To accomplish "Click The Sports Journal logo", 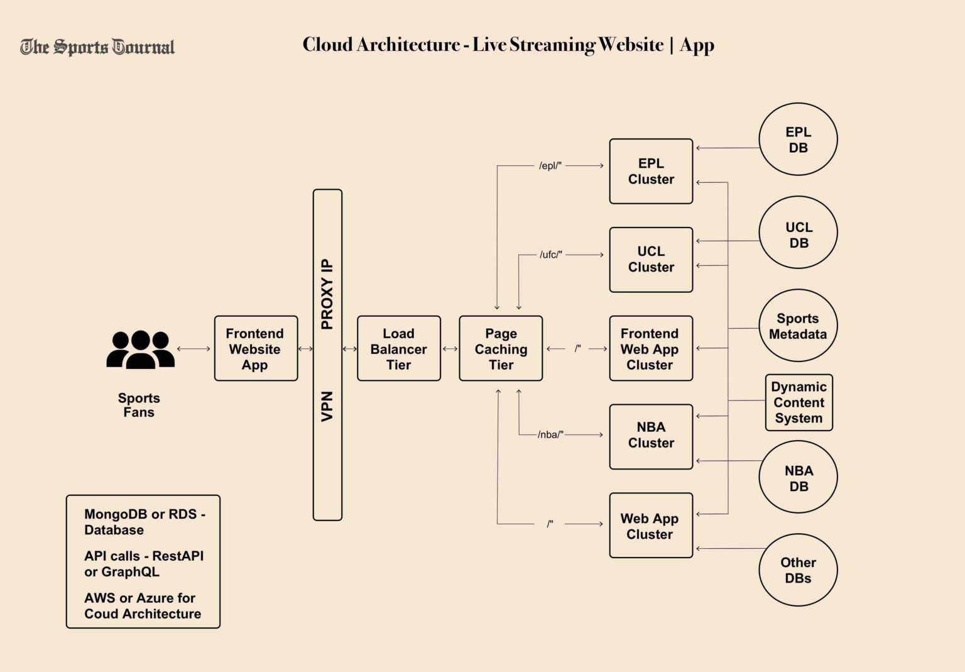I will point(97,47).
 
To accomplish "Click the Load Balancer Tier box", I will point(398,349).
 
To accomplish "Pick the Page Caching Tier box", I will point(501,349).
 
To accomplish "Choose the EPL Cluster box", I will point(651,171).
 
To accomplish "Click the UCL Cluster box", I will point(651,260).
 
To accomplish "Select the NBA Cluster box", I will point(651,436).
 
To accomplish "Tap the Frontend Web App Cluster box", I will point(651,349).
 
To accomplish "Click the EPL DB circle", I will point(798,140).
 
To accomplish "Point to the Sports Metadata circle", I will point(798,326).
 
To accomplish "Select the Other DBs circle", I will point(798,570).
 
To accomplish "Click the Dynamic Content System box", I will point(799,403).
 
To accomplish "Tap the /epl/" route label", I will point(550,166).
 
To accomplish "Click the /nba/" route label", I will point(551,434).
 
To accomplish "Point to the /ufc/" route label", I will point(551,255).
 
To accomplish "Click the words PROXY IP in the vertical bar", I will point(327,294).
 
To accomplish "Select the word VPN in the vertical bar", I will point(327,406).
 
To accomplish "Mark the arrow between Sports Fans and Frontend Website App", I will point(194,349).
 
